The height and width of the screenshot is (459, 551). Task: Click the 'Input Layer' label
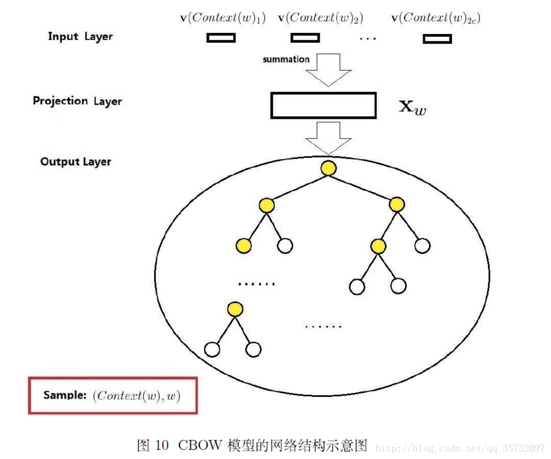click(80, 37)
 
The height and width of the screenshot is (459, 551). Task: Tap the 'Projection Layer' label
click(77, 101)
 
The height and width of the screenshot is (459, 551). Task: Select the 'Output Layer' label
click(76, 162)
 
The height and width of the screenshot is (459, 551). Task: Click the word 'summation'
click(286, 59)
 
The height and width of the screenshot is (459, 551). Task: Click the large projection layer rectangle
click(323, 105)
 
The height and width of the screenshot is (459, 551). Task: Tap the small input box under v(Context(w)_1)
click(221, 38)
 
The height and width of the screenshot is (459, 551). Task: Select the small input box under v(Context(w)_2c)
click(437, 39)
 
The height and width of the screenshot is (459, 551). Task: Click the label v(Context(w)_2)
click(320, 18)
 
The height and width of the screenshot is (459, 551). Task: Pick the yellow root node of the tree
click(328, 169)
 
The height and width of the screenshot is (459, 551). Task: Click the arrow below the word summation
click(329, 70)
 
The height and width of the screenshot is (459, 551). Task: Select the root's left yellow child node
click(267, 205)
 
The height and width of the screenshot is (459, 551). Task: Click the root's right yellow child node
click(396, 204)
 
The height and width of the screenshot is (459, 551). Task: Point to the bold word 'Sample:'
click(65, 395)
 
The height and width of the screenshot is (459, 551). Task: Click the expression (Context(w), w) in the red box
click(136, 396)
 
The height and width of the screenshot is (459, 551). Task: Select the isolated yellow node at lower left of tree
click(234, 309)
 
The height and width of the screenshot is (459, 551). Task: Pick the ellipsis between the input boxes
click(368, 39)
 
